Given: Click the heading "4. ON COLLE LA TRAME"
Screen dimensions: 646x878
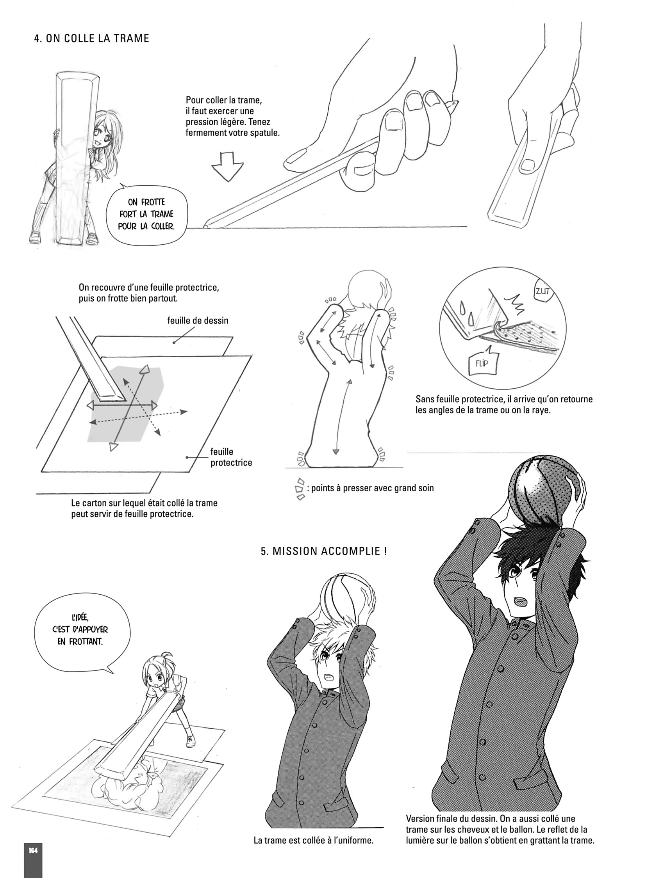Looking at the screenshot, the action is (x=92, y=38).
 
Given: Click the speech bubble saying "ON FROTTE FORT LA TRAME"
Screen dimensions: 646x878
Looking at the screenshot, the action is (x=146, y=213).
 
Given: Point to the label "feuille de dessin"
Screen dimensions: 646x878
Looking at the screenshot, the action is (x=198, y=320).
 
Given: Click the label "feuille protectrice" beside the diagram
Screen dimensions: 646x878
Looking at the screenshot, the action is (x=231, y=457).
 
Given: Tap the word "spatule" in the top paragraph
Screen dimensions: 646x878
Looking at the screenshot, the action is (x=266, y=132).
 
